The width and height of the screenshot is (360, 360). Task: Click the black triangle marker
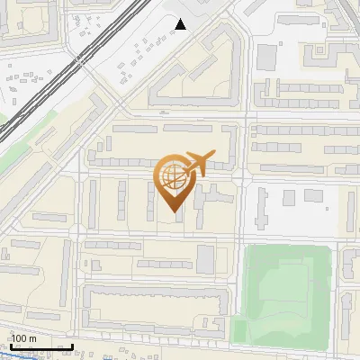click(182, 24)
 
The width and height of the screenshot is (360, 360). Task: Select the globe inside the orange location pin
click(172, 175)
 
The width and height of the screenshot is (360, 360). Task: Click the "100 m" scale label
click(23, 338)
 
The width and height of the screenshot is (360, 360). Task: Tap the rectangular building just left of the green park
click(206, 258)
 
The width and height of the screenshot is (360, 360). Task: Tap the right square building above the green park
click(312, 195)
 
